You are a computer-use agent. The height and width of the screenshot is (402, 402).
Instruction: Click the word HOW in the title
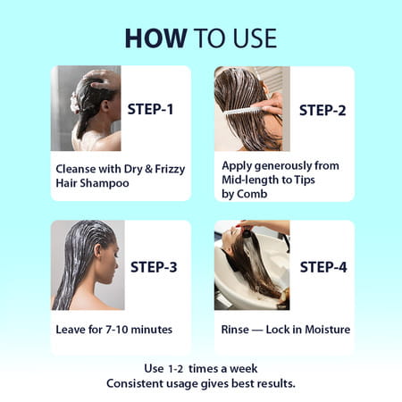coord(155,38)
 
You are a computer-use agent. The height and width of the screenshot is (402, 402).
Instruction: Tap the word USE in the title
coord(255,38)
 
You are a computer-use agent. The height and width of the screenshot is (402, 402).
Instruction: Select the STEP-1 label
coord(150,109)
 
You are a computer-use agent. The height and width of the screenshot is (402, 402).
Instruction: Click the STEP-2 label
coord(322,110)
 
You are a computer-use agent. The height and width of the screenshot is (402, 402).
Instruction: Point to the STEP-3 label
coord(154,267)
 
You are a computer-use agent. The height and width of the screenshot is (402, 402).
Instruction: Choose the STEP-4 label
coord(323,267)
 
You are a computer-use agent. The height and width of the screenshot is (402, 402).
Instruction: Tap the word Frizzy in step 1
coord(170,169)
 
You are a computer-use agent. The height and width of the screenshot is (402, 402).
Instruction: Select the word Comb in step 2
coord(252,194)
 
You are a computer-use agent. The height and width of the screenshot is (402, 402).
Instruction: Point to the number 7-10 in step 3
coord(117,330)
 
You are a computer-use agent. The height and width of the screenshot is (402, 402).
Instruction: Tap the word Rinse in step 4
coord(235,330)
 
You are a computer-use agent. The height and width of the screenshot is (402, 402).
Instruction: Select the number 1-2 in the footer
coord(176,369)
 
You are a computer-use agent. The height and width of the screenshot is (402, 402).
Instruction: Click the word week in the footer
coord(244,369)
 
